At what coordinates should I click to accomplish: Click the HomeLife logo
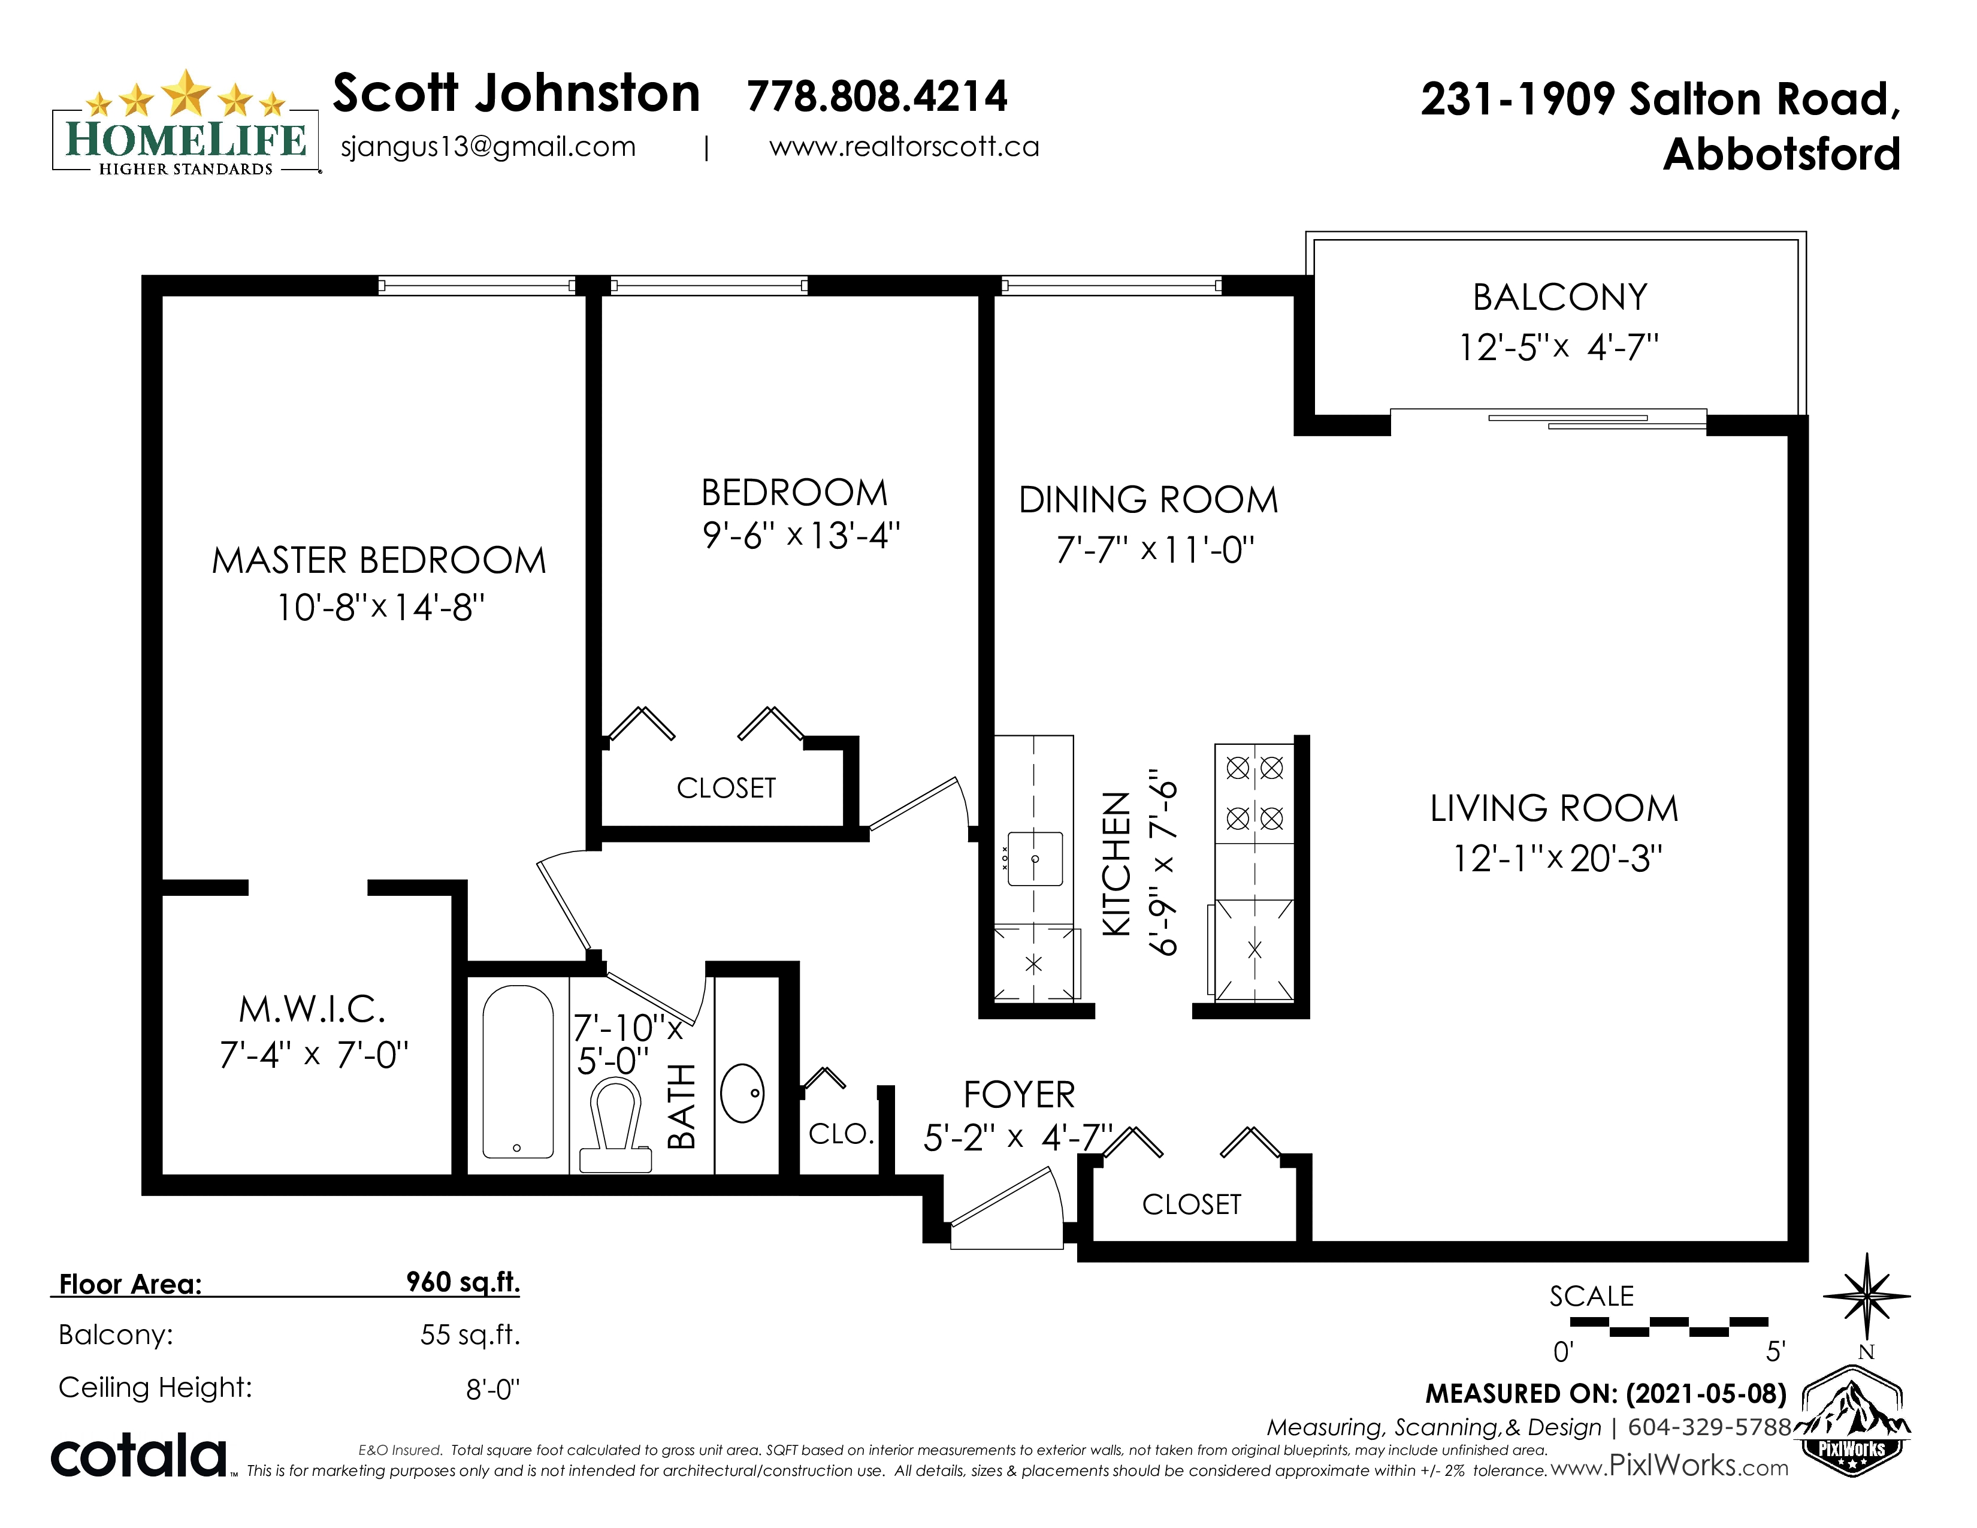click(x=186, y=122)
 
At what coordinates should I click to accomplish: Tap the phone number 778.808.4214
click(x=876, y=96)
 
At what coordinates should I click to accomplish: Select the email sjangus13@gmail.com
click(x=488, y=147)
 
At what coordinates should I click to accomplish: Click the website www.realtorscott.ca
click(x=903, y=147)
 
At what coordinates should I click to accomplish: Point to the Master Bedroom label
click(x=379, y=560)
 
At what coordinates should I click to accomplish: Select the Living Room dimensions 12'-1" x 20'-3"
click(x=1557, y=858)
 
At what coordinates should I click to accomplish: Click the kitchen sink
click(x=1035, y=858)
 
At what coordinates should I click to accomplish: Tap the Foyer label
click(x=1019, y=1095)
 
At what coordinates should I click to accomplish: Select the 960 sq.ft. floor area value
click(x=462, y=1282)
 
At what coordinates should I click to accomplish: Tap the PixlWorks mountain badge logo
click(x=1852, y=1421)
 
